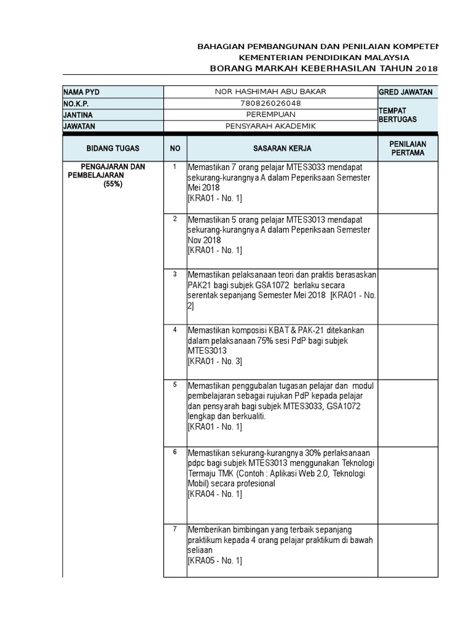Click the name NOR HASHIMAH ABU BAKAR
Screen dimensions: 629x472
tap(270, 92)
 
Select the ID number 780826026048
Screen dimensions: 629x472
tap(270, 103)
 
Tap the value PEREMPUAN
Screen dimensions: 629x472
tap(270, 114)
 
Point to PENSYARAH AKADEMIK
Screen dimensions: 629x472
tap(270, 126)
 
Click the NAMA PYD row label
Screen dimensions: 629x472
tap(81, 92)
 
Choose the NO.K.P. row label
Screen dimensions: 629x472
tap(76, 103)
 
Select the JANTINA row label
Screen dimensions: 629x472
tap(77, 115)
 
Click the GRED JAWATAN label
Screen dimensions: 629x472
tap(406, 92)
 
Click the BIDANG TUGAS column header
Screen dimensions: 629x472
tap(113, 149)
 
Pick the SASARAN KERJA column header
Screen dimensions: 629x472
tap(282, 149)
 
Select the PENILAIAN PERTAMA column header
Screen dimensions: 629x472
tap(408, 148)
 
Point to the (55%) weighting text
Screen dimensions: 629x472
tap(113, 184)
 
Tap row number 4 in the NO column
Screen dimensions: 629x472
tap(175, 330)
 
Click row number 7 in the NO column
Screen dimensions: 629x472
tap(175, 529)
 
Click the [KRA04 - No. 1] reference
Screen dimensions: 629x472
tap(214, 494)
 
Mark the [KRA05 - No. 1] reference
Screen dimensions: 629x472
tap(214, 560)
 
